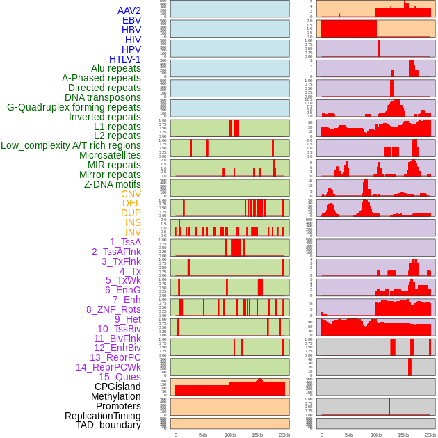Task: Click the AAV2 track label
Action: (129, 10)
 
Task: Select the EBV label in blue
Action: (131, 20)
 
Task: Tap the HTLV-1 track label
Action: (124, 59)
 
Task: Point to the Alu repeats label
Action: (115, 68)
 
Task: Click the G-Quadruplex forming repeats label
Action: (74, 107)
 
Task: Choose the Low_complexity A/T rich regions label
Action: (70, 145)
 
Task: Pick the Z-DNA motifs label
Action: (112, 184)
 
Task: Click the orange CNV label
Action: (131, 194)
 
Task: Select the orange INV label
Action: (132, 232)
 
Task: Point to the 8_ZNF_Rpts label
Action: (113, 309)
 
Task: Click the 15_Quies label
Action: (120, 377)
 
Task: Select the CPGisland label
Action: (117, 387)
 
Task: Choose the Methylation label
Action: (115, 396)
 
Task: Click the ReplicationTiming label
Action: (102, 416)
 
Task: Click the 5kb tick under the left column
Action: (203, 435)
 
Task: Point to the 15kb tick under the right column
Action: (403, 435)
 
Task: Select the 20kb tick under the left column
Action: (284, 435)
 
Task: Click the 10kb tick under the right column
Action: (376, 435)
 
